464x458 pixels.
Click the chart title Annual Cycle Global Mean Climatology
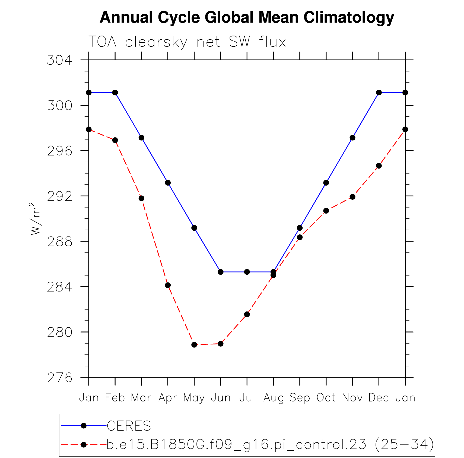[247, 18]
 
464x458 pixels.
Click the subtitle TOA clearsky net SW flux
[187, 42]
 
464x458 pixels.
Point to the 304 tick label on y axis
[60, 60]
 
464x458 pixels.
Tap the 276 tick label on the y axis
[60, 378]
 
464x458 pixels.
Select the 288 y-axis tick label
[60, 241]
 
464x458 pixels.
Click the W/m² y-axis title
[35, 219]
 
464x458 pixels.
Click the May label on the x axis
[194, 398]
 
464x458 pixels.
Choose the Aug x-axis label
[273, 398]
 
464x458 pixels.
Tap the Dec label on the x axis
[379, 398]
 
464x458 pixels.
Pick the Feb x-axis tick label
[115, 398]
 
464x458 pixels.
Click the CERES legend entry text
[129, 426]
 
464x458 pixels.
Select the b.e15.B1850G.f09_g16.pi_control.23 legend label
[236, 445]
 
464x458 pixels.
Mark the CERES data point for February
[115, 93]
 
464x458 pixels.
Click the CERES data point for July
[247, 272]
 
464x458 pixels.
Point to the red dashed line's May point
[194, 345]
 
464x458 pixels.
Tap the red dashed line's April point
[168, 285]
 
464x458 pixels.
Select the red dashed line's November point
[352, 197]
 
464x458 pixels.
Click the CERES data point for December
[379, 93]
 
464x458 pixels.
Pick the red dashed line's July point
[247, 314]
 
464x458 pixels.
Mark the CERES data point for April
[168, 183]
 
